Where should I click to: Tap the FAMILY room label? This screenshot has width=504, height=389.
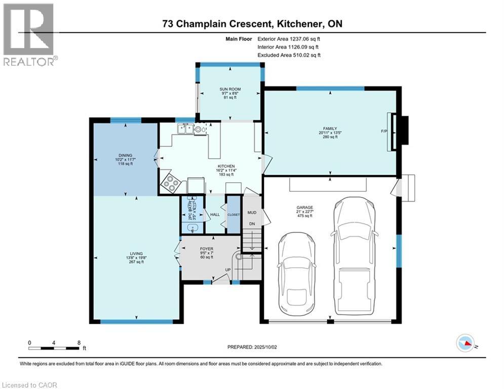(x=330, y=129)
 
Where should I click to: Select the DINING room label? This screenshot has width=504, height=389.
(x=125, y=155)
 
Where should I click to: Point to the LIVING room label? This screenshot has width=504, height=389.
(x=136, y=253)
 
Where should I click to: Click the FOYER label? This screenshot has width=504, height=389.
(x=206, y=249)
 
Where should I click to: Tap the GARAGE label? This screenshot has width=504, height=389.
(x=305, y=207)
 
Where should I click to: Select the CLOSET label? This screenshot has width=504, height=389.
(x=234, y=215)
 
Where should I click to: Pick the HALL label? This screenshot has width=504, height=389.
(x=214, y=215)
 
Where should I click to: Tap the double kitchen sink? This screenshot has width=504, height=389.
(x=183, y=129)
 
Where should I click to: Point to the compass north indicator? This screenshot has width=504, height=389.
(x=467, y=344)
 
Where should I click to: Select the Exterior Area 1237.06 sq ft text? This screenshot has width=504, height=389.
(x=289, y=38)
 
